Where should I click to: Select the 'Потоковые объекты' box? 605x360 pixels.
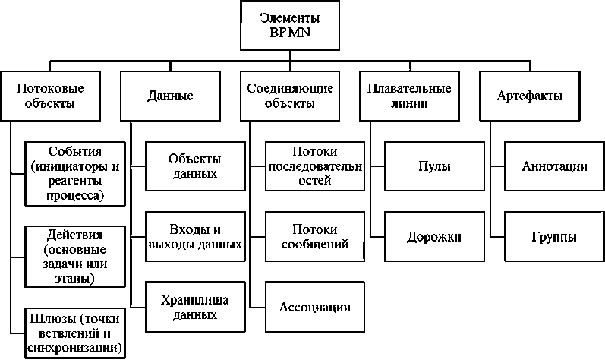(x=49, y=96)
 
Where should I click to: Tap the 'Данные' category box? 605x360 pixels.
(x=169, y=96)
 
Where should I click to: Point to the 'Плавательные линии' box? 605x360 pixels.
(x=398, y=96)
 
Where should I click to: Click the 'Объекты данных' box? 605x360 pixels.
(x=194, y=166)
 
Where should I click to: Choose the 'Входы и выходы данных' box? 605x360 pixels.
(x=194, y=236)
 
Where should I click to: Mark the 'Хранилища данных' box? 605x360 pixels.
(x=194, y=306)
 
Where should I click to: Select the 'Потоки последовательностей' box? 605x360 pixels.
(x=314, y=166)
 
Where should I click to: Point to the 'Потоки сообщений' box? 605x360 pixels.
(x=314, y=236)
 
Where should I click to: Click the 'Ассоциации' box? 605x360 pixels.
(x=314, y=307)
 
